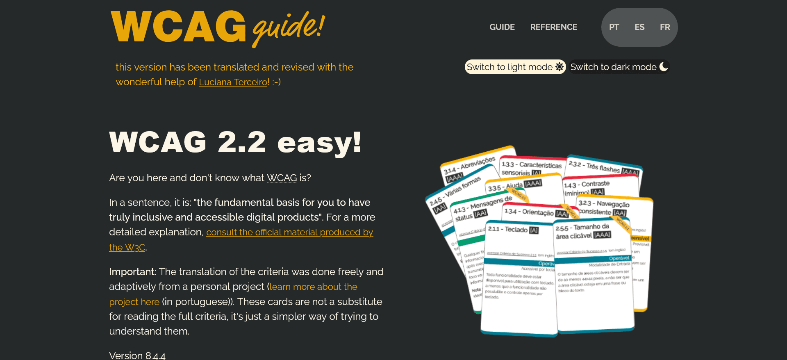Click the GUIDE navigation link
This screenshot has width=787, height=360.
pyautogui.click(x=502, y=27)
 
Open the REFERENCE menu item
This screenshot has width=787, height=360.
pyautogui.click(x=553, y=27)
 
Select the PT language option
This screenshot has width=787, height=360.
pyautogui.click(x=614, y=27)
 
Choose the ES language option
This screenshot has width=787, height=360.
pyautogui.click(x=639, y=27)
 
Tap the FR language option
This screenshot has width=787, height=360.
pyautogui.click(x=665, y=27)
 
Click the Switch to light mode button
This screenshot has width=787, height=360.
pyautogui.click(x=510, y=67)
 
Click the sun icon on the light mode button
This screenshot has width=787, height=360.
pyautogui.click(x=560, y=67)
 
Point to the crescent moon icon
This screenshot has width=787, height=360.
pyautogui.click(x=664, y=66)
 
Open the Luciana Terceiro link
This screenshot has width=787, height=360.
pyautogui.click(x=234, y=82)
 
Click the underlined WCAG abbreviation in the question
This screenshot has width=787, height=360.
pyautogui.click(x=282, y=178)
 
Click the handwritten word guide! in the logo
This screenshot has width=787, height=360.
pyautogui.click(x=289, y=28)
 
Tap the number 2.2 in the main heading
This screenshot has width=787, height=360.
pyautogui.click(x=242, y=142)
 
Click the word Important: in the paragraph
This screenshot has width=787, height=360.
pyautogui.click(x=132, y=272)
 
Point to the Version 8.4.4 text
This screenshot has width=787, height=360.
pyautogui.click(x=137, y=355)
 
